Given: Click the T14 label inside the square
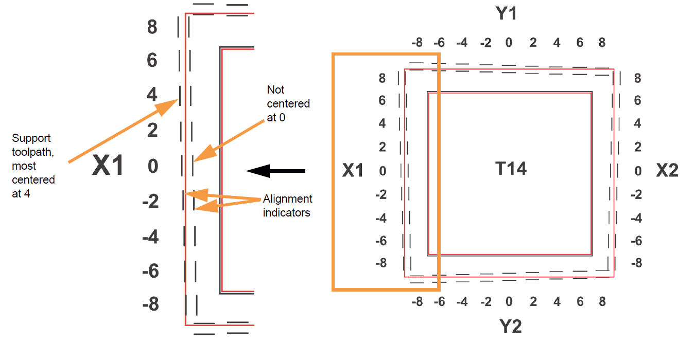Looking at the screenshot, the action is tap(511, 169).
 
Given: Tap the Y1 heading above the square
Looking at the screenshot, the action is tap(506, 14).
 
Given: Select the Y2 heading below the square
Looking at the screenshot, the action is tap(510, 327).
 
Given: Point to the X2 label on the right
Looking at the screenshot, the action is tap(667, 170).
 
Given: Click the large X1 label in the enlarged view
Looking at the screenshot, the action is tap(108, 165).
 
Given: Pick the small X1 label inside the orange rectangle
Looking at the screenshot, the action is tap(353, 170).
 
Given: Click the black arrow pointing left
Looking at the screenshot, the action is tap(275, 171).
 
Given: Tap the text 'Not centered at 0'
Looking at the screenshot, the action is tap(288, 103).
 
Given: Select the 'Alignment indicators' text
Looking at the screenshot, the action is tap(287, 206).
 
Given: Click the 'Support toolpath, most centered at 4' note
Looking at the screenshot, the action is tap(33, 166).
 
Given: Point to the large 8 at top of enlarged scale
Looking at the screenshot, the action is tap(152, 27).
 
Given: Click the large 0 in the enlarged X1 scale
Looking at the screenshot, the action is tap(153, 166).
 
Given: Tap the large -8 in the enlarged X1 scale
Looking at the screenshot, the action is tap(150, 304).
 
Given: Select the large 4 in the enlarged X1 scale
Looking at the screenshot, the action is tap(152, 94).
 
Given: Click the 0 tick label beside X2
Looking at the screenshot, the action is tap(638, 171).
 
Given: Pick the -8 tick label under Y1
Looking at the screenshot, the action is tap(417, 43).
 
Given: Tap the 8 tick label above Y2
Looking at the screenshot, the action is tap(602, 301).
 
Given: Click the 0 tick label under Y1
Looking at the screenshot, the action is tap(509, 43).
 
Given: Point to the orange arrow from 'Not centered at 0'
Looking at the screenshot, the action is tap(229, 141).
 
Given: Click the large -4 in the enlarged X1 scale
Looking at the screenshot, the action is tap(150, 237).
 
